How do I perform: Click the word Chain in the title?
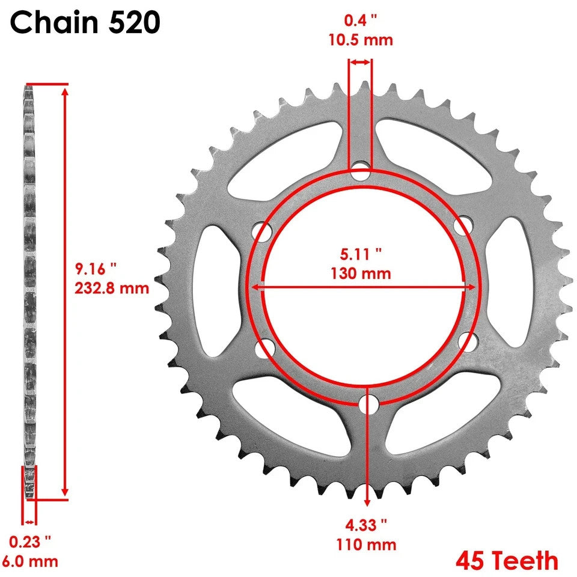point(50,23)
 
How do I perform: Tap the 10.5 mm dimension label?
point(361,41)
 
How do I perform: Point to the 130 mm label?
point(361,274)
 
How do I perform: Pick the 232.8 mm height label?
point(112,288)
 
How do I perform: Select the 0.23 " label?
point(30,542)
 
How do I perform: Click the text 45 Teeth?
point(507,560)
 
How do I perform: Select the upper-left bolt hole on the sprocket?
point(261,231)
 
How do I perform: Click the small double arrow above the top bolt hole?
point(361,62)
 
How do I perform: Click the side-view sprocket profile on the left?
point(28,288)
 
